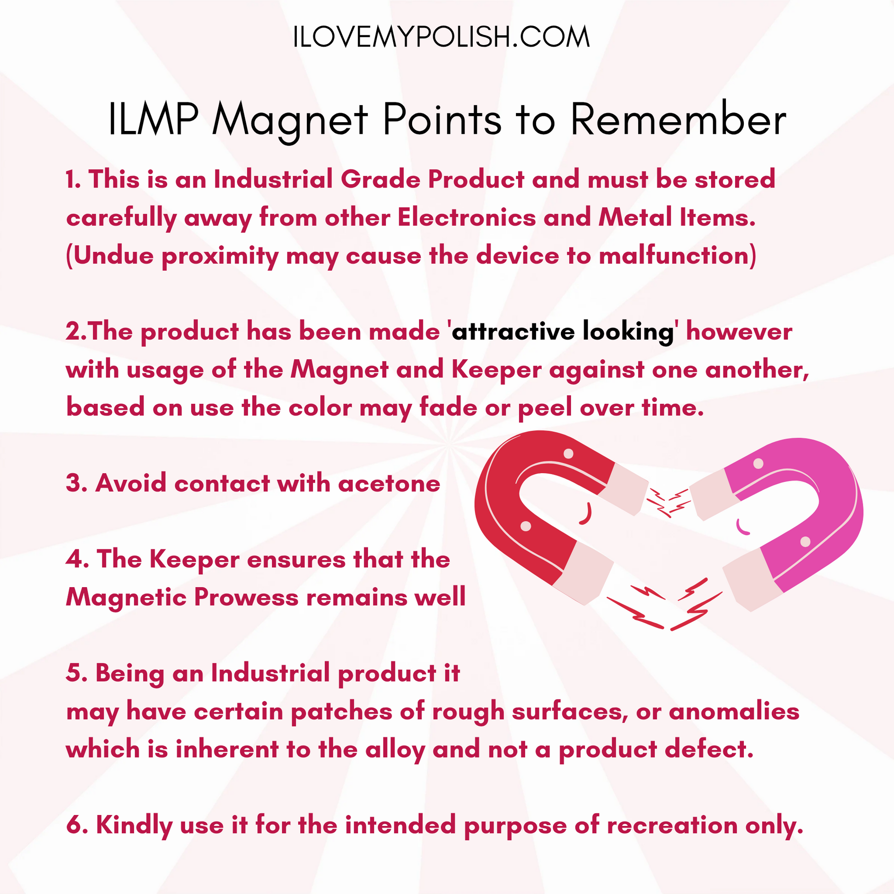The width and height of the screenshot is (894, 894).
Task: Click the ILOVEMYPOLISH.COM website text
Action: [x=441, y=37]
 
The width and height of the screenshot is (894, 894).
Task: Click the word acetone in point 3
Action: [x=389, y=484]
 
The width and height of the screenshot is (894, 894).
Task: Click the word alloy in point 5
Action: [x=395, y=750]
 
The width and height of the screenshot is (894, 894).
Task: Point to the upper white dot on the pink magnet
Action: [x=758, y=463]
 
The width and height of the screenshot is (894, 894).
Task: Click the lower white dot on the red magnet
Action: [x=526, y=526]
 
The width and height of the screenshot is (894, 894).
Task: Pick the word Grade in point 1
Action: [x=380, y=180]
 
